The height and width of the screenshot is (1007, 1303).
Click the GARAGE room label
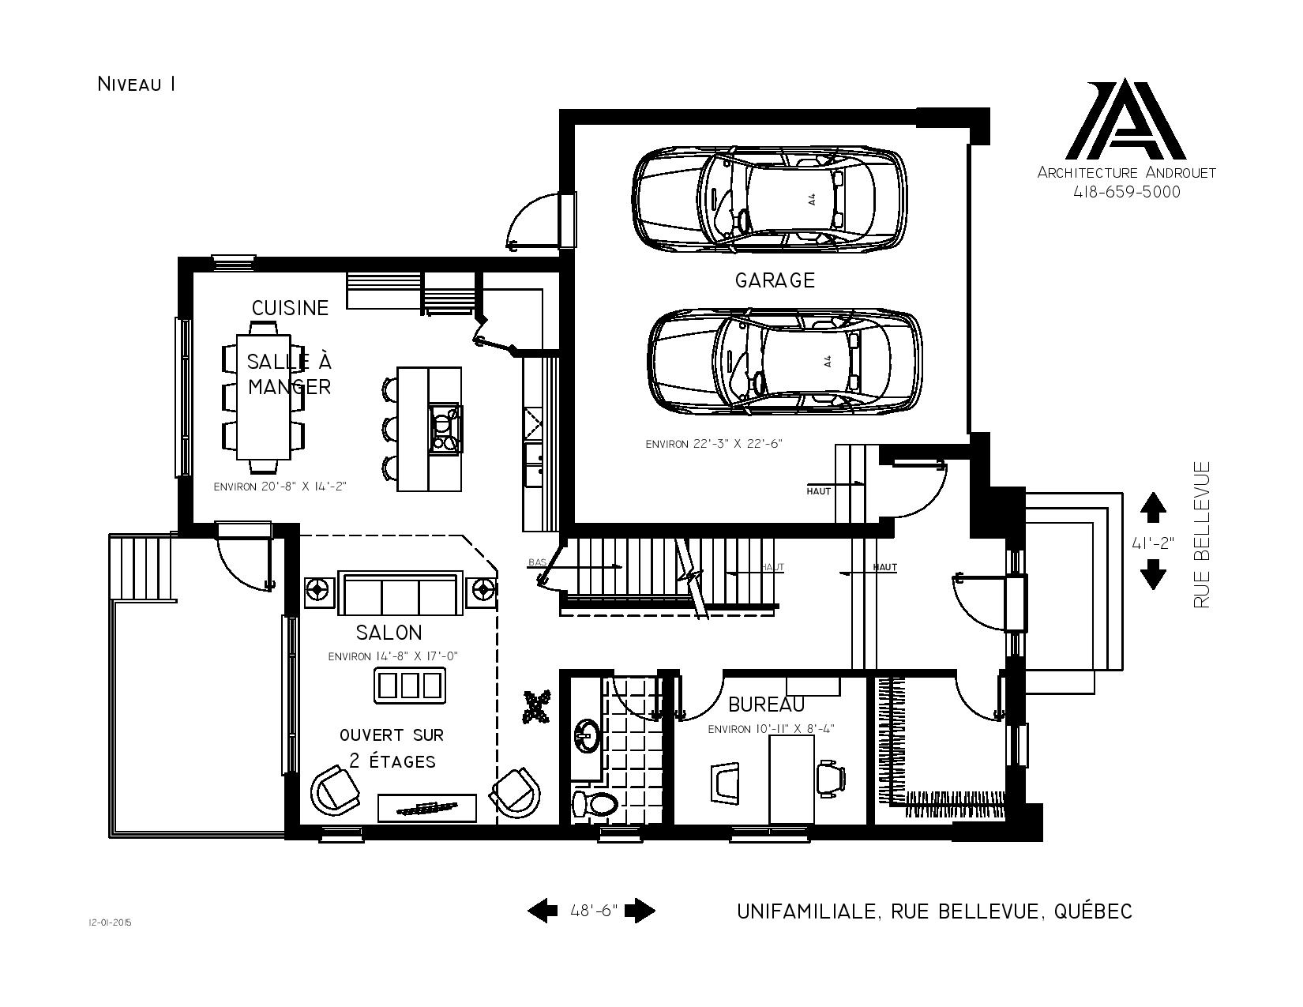[775, 280]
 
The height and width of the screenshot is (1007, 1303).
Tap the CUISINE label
[291, 308]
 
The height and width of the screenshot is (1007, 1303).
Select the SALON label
[389, 632]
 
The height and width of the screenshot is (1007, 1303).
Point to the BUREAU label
[766, 705]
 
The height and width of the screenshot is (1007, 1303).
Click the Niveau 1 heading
[137, 84]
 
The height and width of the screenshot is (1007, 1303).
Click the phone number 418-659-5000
[1127, 192]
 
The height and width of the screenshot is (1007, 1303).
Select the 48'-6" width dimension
[594, 911]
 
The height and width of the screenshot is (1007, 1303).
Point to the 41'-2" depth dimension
[1152, 543]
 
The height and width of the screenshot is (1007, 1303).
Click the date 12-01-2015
[110, 922]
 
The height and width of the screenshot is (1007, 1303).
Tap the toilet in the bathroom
[594, 802]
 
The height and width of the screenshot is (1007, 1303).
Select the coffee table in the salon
[410, 685]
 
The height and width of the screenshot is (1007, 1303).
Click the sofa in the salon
[400, 592]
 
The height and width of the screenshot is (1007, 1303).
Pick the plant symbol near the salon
[537, 707]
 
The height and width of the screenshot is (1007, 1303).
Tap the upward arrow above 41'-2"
[1152, 507]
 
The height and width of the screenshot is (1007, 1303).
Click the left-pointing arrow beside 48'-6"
[543, 911]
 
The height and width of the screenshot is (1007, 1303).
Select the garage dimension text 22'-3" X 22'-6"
[714, 445]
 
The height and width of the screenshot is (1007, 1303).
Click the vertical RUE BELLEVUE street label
[1202, 535]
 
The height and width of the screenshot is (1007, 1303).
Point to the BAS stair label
[537, 562]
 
